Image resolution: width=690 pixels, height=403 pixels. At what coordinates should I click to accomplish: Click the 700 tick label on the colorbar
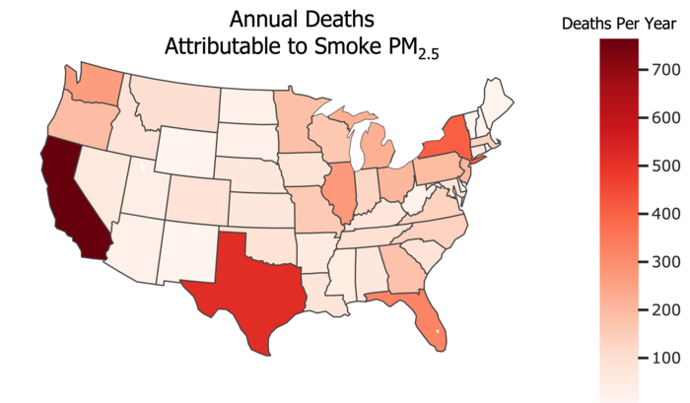[662, 69]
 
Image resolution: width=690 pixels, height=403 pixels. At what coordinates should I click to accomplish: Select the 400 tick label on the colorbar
[662, 214]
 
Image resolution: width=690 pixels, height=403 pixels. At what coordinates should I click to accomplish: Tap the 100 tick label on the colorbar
[662, 358]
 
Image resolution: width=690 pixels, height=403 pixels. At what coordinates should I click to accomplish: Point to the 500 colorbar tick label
[662, 166]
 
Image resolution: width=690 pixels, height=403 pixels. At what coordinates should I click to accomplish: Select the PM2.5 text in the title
[414, 48]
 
